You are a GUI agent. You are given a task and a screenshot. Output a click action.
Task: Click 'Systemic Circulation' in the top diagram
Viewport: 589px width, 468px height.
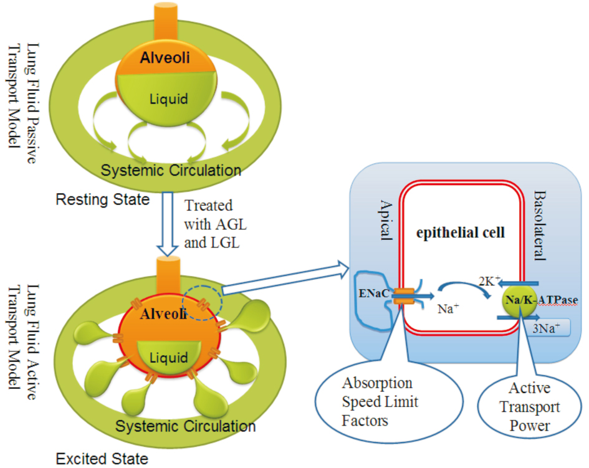[x=171, y=169]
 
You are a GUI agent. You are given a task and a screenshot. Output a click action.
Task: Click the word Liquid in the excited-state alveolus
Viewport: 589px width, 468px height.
[x=170, y=358]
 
